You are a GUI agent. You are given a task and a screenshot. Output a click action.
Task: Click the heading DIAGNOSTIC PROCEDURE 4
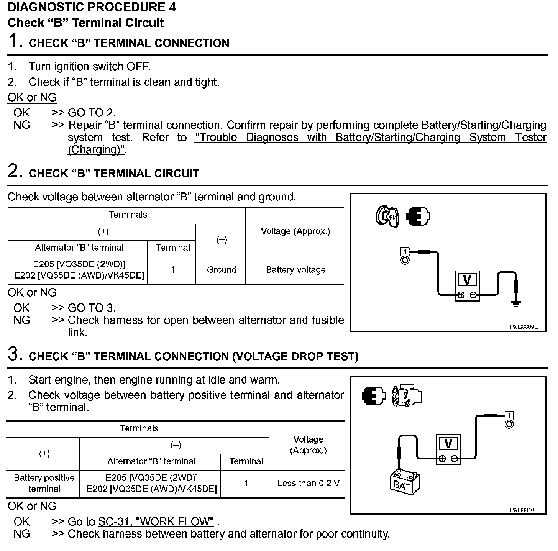point(92,7)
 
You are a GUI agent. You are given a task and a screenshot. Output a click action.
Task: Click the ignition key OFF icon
point(387,216)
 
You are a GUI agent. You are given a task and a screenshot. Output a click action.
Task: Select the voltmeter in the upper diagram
point(467,286)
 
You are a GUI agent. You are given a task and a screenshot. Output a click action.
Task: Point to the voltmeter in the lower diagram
point(448,449)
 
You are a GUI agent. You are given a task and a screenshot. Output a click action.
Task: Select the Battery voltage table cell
point(295,270)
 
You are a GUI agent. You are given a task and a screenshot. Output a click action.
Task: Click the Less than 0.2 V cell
point(308,484)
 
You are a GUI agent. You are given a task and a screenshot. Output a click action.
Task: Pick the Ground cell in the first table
point(222,270)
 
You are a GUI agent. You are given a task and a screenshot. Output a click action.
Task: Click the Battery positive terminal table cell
point(44,483)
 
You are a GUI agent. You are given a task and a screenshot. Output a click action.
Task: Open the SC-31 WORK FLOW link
point(156,521)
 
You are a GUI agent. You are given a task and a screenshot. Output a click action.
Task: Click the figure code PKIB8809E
point(524,327)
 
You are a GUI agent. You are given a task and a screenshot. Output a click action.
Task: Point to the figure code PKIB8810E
point(524,510)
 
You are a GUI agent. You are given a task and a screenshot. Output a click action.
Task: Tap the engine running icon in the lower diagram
point(407,395)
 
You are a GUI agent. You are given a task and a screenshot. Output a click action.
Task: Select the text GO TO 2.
point(91,113)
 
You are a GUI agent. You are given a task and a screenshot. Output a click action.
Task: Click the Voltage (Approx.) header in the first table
point(295,231)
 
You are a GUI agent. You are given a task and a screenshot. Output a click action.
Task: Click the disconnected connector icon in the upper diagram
point(418,216)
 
